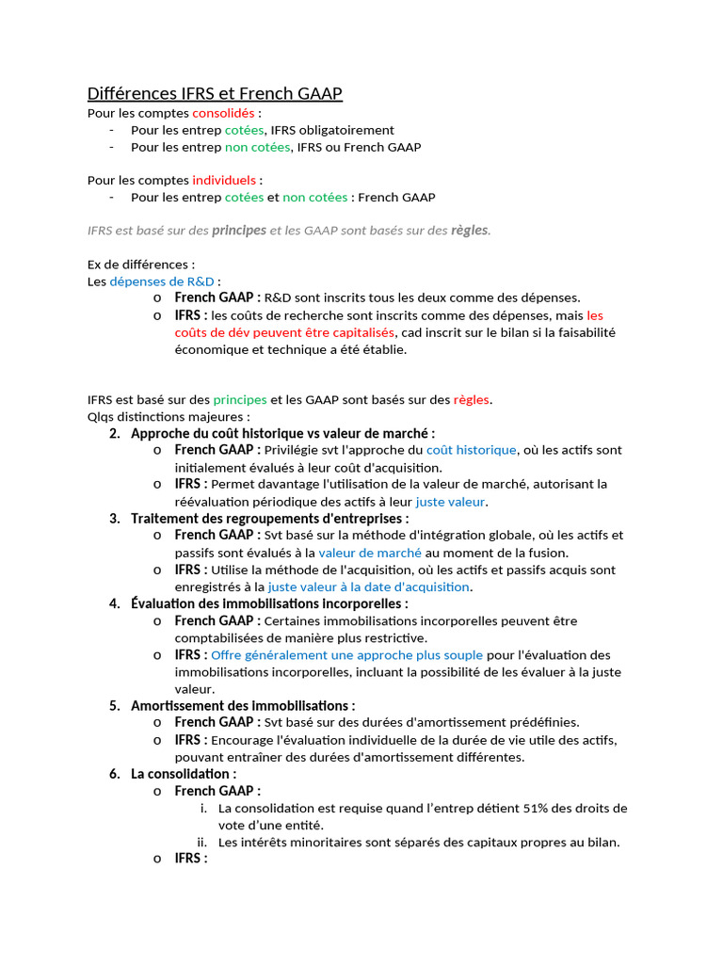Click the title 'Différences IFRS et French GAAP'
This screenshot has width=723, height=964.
coord(215,93)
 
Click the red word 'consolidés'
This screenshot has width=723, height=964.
coord(224,113)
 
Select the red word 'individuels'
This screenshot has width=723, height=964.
coord(224,180)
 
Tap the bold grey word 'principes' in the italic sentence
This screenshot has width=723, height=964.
coord(239,231)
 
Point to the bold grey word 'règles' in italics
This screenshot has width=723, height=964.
coord(469,231)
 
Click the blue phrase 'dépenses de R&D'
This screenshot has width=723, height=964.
coord(162,281)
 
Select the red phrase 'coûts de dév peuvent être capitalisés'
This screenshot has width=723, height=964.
coord(285,332)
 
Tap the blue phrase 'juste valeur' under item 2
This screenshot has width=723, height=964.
coord(450,502)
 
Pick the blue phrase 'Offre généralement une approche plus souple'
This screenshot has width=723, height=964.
coord(346,654)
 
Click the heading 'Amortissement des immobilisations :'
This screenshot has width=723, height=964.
coord(243,705)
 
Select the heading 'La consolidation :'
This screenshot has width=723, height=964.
coord(183,774)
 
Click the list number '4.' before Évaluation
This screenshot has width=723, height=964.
coord(115,603)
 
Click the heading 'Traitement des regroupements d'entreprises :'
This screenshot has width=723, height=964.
coord(269,518)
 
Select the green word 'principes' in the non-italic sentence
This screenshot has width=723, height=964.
coord(240,399)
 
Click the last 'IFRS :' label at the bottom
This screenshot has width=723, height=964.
coord(191,859)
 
